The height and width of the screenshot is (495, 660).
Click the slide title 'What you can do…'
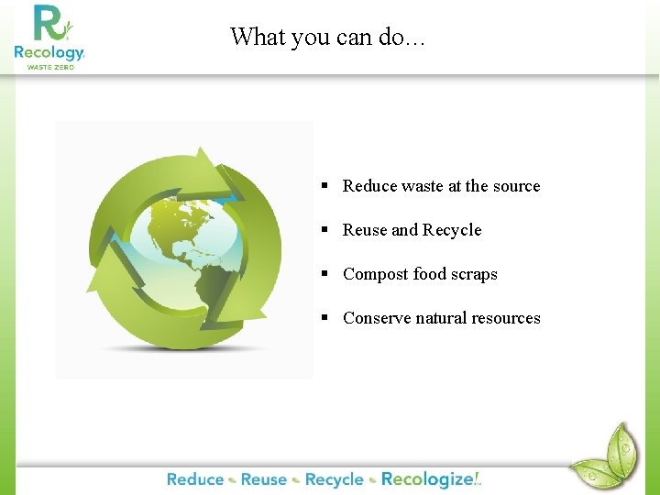[x=327, y=37]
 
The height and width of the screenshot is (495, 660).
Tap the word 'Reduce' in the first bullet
[x=369, y=186]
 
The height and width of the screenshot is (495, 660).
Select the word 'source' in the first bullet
[x=516, y=186]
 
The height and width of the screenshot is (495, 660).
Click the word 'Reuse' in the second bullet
[x=365, y=230]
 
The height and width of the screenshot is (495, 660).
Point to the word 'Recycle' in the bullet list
[x=452, y=230]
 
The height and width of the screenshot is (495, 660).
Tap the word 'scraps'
[x=475, y=274]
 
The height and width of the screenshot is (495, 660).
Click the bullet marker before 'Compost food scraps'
[x=324, y=274]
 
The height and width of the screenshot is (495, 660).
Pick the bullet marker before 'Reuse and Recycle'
[x=324, y=230]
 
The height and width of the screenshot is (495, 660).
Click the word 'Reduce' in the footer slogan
[x=195, y=479]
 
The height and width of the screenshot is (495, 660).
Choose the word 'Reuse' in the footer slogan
[x=264, y=479]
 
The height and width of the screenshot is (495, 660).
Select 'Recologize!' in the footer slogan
[x=431, y=479]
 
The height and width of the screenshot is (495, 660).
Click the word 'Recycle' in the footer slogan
[x=334, y=479]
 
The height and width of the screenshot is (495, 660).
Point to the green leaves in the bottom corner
[x=605, y=456]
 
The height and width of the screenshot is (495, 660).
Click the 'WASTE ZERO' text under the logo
[x=49, y=67]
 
